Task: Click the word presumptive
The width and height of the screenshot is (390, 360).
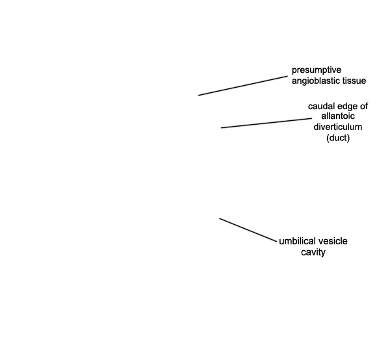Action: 317,70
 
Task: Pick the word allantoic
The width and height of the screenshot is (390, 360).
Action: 338,116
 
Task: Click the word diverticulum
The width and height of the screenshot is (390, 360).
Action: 338,127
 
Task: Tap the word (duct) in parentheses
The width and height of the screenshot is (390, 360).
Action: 338,138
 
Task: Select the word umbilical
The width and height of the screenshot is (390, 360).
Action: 294,241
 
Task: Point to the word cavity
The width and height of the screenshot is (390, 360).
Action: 313,253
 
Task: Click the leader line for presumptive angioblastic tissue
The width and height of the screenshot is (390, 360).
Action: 242,86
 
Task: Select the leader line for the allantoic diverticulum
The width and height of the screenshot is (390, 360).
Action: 266,123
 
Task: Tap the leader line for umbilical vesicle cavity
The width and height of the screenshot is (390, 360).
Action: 248,230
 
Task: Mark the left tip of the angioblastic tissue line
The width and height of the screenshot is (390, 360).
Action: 198,96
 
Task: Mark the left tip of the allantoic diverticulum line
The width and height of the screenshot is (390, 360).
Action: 222,128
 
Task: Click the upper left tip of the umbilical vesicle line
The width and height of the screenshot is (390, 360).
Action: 220,218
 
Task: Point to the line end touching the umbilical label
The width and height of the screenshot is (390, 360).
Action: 276,242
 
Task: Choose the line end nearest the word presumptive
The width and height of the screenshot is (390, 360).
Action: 287,76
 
